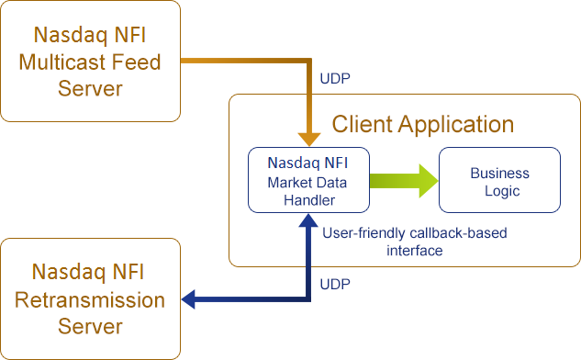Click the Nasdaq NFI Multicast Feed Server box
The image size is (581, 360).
tap(90, 62)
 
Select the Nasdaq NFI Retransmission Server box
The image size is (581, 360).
tap(90, 298)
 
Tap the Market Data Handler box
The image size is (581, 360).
tap(308, 180)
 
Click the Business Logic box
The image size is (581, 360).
tap(499, 181)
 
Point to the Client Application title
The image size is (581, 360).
tap(422, 124)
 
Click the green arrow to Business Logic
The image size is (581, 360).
tap(404, 180)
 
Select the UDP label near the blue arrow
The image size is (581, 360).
tap(334, 284)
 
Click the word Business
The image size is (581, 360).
tap(499, 173)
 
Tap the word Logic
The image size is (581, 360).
tap(499, 191)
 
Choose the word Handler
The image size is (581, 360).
tap(308, 198)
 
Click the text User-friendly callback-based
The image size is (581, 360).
tap(415, 233)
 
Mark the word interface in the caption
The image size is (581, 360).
tap(415, 250)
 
